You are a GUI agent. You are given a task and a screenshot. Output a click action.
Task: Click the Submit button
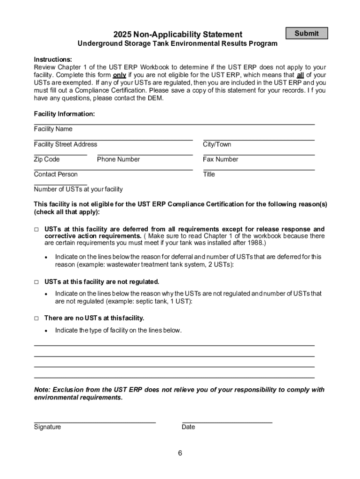pyautogui.click(x=306, y=33)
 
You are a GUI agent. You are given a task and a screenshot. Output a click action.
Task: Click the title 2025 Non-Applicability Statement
pyautogui.click(x=178, y=34)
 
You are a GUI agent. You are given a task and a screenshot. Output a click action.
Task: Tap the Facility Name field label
pyautogui.click(x=53, y=129)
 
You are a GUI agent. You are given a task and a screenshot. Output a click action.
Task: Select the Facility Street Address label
pyautogui.click(x=65, y=144)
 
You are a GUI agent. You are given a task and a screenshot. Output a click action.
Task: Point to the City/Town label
pyautogui.click(x=217, y=144)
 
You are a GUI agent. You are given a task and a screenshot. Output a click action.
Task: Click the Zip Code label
pyautogui.click(x=47, y=159)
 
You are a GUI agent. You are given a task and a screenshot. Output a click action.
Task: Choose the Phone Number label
pyautogui.click(x=118, y=159)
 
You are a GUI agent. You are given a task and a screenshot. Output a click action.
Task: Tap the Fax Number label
pyautogui.click(x=220, y=159)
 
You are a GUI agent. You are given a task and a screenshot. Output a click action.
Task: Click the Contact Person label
pyautogui.click(x=56, y=174)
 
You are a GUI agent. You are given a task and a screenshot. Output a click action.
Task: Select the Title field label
pyautogui.click(x=209, y=174)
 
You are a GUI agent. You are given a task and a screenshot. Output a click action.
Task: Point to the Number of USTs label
pyautogui.click(x=78, y=189)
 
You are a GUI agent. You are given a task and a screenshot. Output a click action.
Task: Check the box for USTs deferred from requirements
pyautogui.click(x=36, y=229)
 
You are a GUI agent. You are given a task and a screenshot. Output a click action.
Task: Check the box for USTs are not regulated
pyautogui.click(x=36, y=282)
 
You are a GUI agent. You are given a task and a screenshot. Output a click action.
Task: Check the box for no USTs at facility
pyautogui.click(x=36, y=318)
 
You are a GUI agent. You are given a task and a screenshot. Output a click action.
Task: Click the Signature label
pyautogui.click(x=47, y=427)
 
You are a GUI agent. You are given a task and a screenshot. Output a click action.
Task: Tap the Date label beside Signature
pyautogui.click(x=188, y=427)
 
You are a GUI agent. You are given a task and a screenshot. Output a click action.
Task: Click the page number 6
pyautogui.click(x=180, y=453)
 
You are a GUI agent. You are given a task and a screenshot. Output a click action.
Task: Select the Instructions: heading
pyautogui.click(x=53, y=59)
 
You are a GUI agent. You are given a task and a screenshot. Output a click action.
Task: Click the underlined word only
pyautogui.click(x=119, y=75)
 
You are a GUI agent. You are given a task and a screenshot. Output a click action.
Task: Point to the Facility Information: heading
pyautogui.click(x=64, y=114)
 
